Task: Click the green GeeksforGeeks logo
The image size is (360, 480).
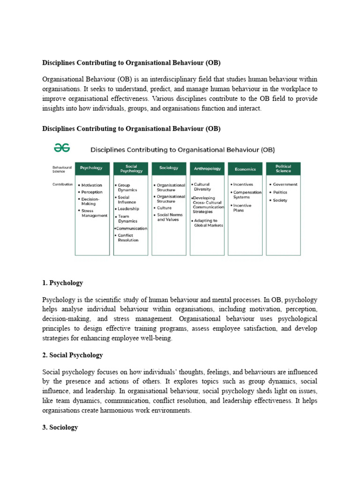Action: tap(61, 149)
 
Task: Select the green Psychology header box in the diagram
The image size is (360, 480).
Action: tap(92, 168)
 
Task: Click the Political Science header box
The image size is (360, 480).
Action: tap(283, 168)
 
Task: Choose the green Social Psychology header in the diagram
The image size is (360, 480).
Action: tap(131, 168)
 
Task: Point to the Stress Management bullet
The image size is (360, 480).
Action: tap(94, 213)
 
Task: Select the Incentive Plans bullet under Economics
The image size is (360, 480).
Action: tap(242, 208)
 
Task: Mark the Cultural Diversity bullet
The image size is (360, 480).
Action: tap(202, 187)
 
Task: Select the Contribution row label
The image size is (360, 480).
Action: tap(62, 185)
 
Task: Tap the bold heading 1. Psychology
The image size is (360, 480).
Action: tap(62, 283)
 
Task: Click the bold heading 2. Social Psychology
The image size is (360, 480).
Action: tap(73, 355)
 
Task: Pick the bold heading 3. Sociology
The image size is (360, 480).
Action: tap(60, 427)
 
